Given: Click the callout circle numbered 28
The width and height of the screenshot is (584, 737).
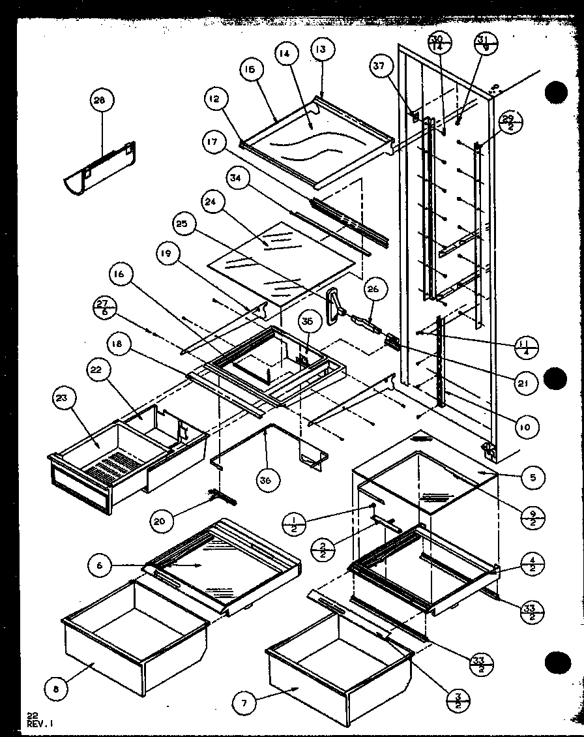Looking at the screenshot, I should pyautogui.click(x=100, y=100).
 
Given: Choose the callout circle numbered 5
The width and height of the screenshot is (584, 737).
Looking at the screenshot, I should pyautogui.click(x=533, y=477).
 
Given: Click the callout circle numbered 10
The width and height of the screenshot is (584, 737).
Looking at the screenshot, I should pyautogui.click(x=525, y=427).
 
